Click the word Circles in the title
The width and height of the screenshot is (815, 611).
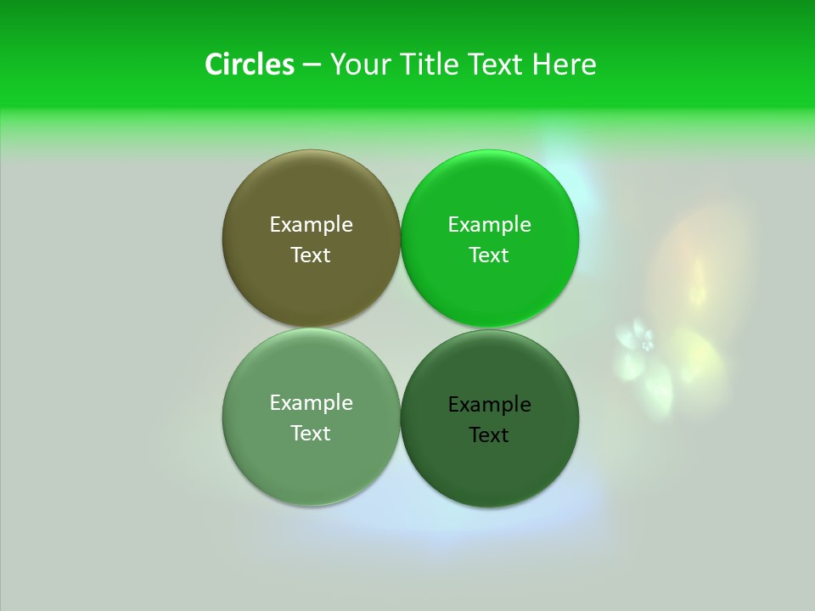pyautogui.click(x=250, y=64)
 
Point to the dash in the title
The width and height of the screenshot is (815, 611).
pyautogui.click(x=312, y=65)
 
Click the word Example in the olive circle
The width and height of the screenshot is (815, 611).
pyautogui.click(x=311, y=225)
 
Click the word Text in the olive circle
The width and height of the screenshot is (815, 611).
pyautogui.click(x=311, y=255)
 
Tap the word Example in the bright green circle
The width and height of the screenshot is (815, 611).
pyautogui.click(x=490, y=225)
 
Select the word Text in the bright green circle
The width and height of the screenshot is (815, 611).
pyautogui.click(x=490, y=255)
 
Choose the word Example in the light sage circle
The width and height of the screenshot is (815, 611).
pyautogui.click(x=311, y=403)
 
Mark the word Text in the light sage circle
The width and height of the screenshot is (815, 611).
pyautogui.click(x=311, y=434)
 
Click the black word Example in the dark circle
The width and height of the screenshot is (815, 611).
pyautogui.click(x=490, y=405)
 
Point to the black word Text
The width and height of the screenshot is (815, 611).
pyautogui.click(x=490, y=435)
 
